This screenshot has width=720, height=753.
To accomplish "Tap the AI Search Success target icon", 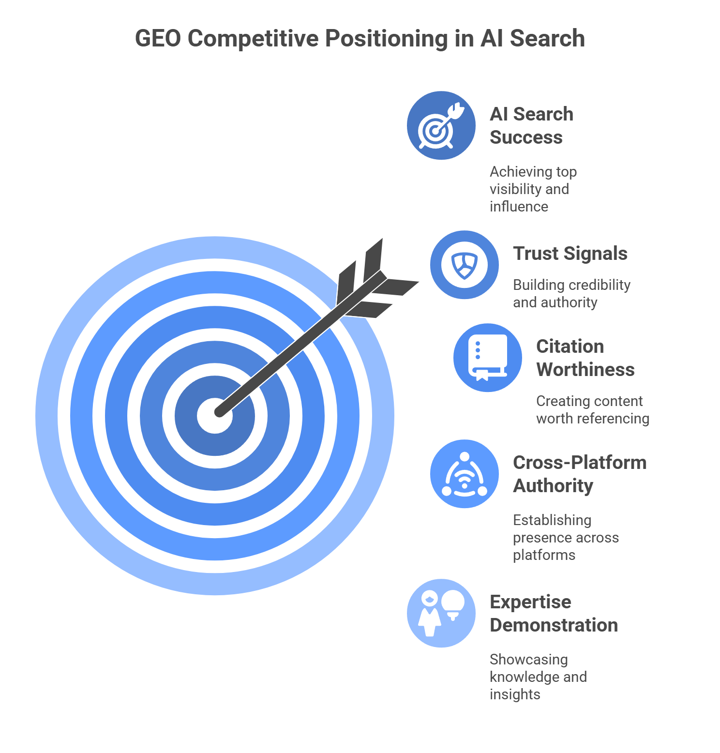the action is (x=441, y=125).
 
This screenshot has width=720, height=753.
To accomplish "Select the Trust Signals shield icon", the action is (x=465, y=265).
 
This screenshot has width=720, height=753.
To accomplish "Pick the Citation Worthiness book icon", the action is (x=488, y=358).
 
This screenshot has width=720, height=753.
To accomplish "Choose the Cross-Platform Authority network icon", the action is (x=465, y=474).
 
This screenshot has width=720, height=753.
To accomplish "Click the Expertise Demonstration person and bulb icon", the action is (x=441, y=613).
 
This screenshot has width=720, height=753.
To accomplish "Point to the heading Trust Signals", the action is (x=570, y=254).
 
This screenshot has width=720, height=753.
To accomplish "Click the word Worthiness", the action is (x=585, y=370).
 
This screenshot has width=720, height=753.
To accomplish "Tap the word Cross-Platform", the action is (x=580, y=463).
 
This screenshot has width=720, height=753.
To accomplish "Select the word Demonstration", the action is (x=554, y=625).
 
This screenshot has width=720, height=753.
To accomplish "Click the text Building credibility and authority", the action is (x=571, y=293).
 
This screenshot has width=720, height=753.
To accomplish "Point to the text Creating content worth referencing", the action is (x=592, y=409).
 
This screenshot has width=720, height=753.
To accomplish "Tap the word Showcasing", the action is (x=529, y=660).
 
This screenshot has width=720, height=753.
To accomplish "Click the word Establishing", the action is (x=552, y=520).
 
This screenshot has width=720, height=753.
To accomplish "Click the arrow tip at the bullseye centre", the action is (x=219, y=413).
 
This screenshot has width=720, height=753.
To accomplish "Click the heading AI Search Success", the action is (x=531, y=126).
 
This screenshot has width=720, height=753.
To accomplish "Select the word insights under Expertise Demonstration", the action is (x=515, y=694).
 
